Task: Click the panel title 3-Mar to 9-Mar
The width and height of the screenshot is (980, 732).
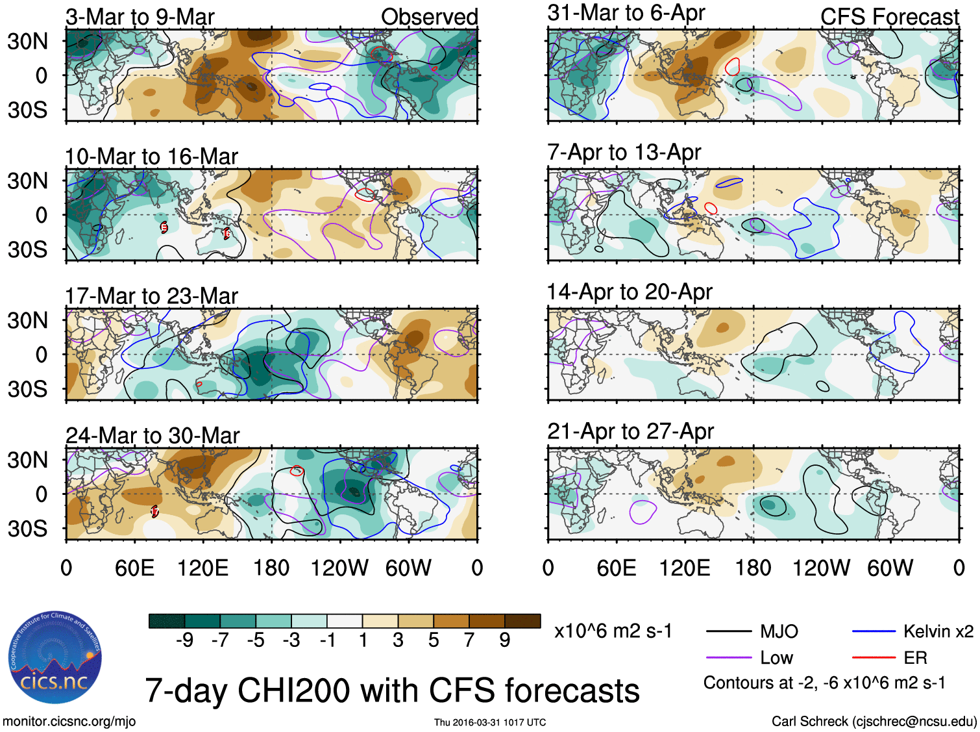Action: tap(140, 17)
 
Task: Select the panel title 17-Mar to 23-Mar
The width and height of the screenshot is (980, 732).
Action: tap(151, 296)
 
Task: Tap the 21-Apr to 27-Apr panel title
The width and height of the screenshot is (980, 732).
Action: tap(630, 431)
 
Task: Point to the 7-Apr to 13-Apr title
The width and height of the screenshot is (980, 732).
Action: tap(624, 152)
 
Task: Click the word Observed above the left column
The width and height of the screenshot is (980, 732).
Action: tap(429, 17)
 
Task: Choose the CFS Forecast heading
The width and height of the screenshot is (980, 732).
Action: tap(889, 17)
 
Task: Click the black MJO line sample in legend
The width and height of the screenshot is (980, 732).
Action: tap(728, 631)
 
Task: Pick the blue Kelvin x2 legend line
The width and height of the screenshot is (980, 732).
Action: tap(874, 631)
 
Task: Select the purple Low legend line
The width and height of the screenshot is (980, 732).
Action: tap(728, 658)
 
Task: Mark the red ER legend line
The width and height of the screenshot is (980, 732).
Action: tap(874, 658)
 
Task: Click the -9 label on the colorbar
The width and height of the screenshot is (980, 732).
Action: tap(184, 640)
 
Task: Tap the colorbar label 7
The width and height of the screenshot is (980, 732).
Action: tap(469, 640)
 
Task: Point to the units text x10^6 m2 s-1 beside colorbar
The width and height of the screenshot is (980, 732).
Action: tap(613, 631)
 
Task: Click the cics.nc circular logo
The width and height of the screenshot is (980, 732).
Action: tap(55, 657)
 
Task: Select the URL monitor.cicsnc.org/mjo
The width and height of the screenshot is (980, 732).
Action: tap(69, 722)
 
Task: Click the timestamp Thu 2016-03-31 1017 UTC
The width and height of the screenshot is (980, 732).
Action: tap(490, 722)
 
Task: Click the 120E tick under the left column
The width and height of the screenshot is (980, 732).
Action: tap(202, 568)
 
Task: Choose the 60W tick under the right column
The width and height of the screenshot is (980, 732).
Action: tap(890, 568)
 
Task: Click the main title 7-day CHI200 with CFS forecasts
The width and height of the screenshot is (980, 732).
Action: tap(392, 690)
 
